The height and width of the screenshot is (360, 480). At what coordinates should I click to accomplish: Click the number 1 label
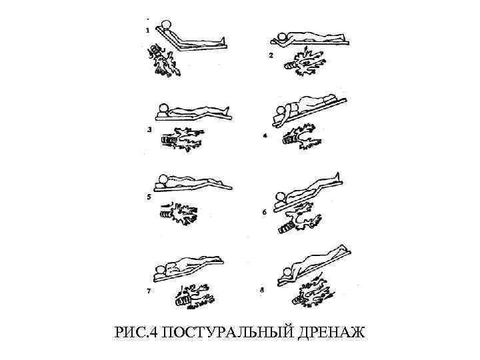[x=148, y=31]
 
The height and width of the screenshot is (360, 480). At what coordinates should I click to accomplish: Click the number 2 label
[x=271, y=55]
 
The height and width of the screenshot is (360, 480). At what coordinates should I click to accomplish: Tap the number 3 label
[x=149, y=129]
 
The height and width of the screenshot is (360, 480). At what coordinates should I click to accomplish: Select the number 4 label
[x=265, y=135]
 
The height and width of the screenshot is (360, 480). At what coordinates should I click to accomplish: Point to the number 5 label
[x=149, y=197]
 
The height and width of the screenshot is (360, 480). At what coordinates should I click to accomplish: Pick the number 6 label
[x=265, y=212]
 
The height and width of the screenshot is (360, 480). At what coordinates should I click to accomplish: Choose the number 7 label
[x=149, y=291]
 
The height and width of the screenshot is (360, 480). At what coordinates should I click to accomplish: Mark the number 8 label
[x=262, y=289]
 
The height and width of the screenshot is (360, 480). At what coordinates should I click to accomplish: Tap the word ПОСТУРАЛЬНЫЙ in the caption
[x=227, y=332]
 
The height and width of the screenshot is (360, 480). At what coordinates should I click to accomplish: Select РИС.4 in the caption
[x=135, y=332]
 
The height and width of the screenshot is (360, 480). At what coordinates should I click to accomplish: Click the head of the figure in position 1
[x=167, y=25]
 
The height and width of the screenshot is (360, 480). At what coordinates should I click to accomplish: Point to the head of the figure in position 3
[x=163, y=109]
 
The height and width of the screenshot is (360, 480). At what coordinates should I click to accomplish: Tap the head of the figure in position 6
[x=281, y=197]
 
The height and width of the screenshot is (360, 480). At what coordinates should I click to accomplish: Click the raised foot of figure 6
[x=337, y=177]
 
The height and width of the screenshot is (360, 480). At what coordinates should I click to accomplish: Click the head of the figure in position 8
[x=288, y=272]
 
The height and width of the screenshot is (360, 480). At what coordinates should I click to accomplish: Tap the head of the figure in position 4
[x=281, y=110]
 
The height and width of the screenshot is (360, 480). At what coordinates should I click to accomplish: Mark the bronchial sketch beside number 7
[x=195, y=296]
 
